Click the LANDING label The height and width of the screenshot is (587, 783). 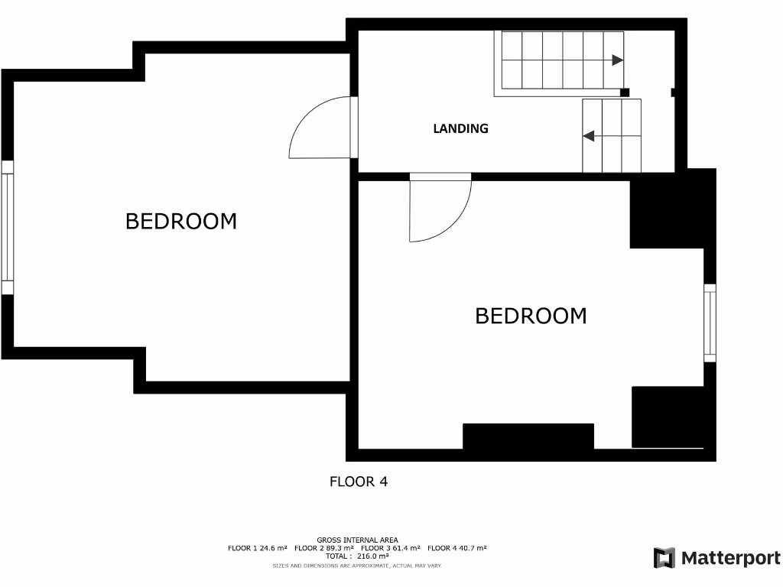tap(460, 128)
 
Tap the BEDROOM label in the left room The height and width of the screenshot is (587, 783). tap(181, 222)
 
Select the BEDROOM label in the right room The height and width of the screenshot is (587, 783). tap(531, 316)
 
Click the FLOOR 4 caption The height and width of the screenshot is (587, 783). tap(359, 482)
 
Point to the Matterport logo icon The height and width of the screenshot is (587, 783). tap(664, 558)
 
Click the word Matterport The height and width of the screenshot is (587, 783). tap(729, 559)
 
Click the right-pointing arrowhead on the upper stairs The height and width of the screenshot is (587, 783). tap(616, 60)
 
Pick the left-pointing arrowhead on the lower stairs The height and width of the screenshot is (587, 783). tap(589, 136)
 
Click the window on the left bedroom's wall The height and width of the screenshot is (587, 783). tap(8, 228)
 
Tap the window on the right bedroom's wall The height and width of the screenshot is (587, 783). tap(710, 323)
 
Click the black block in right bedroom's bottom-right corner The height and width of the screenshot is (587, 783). tap(667, 417)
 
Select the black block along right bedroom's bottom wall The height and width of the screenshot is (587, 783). tap(528, 436)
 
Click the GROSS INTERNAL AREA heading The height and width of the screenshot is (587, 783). tap(357, 540)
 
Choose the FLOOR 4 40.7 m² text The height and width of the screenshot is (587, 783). tap(456, 548)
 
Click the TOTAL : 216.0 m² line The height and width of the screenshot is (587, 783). tap(357, 556)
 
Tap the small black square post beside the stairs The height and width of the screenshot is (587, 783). tap(625, 92)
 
